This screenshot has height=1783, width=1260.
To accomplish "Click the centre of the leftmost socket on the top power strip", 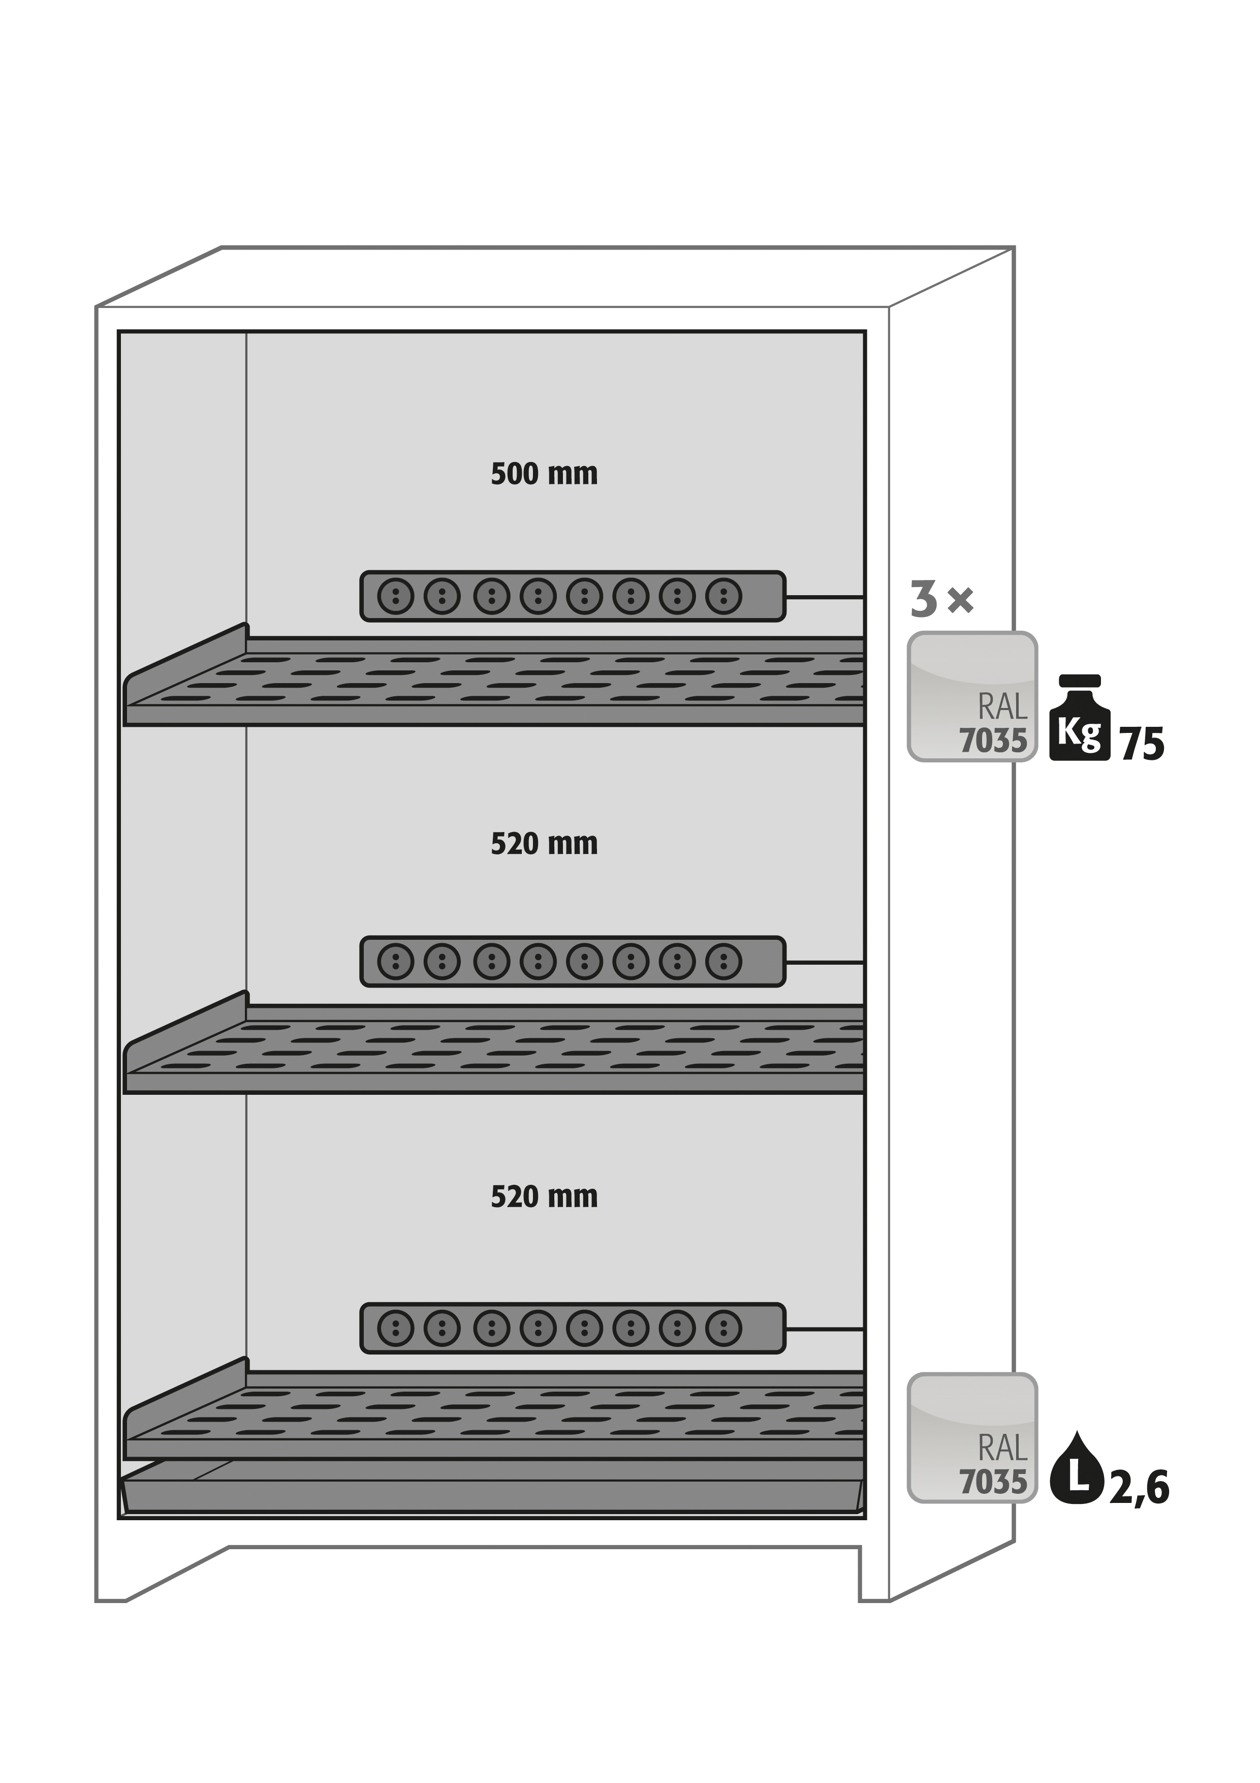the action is (x=396, y=596).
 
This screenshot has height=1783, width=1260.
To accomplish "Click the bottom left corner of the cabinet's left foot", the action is (x=96, y=1601).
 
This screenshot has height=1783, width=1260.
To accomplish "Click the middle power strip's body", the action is (x=573, y=962).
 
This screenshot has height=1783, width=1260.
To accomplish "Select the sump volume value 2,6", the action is (x=1139, y=1488).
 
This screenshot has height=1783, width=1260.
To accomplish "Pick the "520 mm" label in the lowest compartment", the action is (x=544, y=1196).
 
